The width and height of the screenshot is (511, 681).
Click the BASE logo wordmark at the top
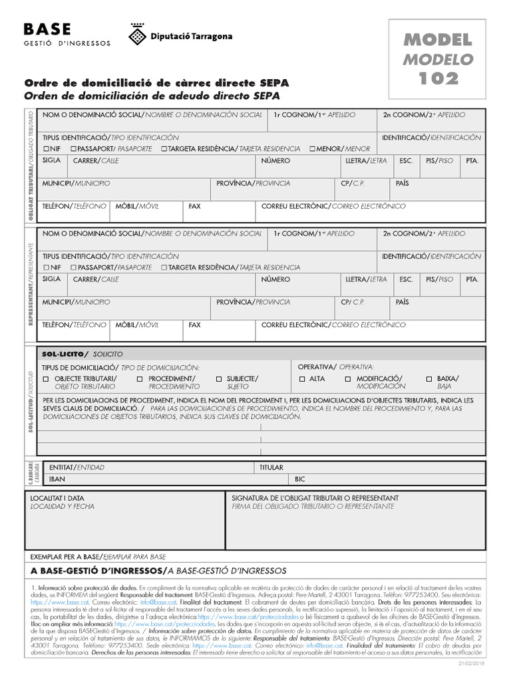pyautogui.click(x=49, y=29)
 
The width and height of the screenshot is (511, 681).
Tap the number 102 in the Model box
pyautogui.click(x=438, y=78)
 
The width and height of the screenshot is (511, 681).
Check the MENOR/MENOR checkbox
pyautogui.click(x=313, y=148)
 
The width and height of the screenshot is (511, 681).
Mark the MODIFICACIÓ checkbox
pyautogui.click(x=348, y=379)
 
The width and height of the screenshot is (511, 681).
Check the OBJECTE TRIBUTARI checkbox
pyautogui.click(x=46, y=379)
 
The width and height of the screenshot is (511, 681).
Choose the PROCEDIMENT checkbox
pyautogui.click(x=140, y=379)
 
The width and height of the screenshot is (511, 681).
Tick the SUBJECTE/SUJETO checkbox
pyautogui.click(x=219, y=379)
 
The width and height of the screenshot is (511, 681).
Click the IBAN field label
pyautogui.click(x=57, y=478)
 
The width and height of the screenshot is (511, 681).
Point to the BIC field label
pyautogui.click(x=300, y=478)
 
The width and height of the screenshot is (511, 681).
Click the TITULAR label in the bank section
pyautogui.click(x=271, y=468)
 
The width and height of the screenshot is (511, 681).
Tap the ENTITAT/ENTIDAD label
pyautogui.click(x=77, y=468)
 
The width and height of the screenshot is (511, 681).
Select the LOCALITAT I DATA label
pyautogui.click(x=58, y=497)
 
